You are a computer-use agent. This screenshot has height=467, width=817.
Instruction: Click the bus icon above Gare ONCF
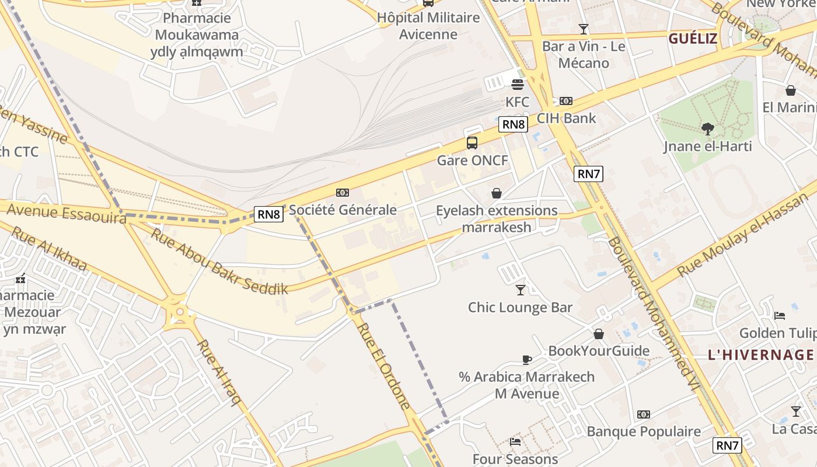[x=472, y=143]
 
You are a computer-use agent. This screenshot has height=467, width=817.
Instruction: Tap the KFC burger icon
[x=517, y=85]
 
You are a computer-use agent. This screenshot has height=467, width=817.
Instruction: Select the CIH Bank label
[x=566, y=118]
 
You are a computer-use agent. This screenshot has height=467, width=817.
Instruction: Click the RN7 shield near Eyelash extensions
[x=588, y=173]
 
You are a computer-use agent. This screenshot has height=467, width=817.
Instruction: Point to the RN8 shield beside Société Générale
[x=268, y=214]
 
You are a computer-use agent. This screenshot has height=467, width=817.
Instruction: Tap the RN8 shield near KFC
[x=514, y=124]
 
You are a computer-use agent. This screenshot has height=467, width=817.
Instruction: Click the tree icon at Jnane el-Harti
[x=707, y=129]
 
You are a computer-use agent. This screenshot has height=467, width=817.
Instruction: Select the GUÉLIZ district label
[x=693, y=39]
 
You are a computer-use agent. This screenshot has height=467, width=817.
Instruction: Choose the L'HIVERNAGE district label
[x=760, y=354]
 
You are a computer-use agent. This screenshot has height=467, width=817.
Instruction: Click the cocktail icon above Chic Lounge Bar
[x=521, y=290]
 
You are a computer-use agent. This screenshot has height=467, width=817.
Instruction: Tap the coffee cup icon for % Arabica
[x=526, y=360]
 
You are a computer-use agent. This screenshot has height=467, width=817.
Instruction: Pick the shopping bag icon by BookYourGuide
[x=599, y=334]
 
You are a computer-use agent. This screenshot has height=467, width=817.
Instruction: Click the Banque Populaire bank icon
[x=644, y=414]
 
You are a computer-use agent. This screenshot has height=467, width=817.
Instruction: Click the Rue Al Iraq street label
[x=218, y=372]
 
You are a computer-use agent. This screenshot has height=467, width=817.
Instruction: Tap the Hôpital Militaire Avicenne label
[x=428, y=26]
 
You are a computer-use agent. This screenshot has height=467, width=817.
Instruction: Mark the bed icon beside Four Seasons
[x=515, y=441]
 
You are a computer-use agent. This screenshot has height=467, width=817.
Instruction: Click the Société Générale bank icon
[x=343, y=193]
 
